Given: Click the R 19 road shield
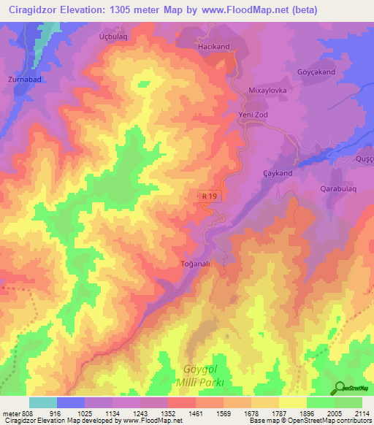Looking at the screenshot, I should click(x=208, y=196).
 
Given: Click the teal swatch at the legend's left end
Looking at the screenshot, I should click(x=43, y=402).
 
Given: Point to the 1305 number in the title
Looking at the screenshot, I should click(x=117, y=9).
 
